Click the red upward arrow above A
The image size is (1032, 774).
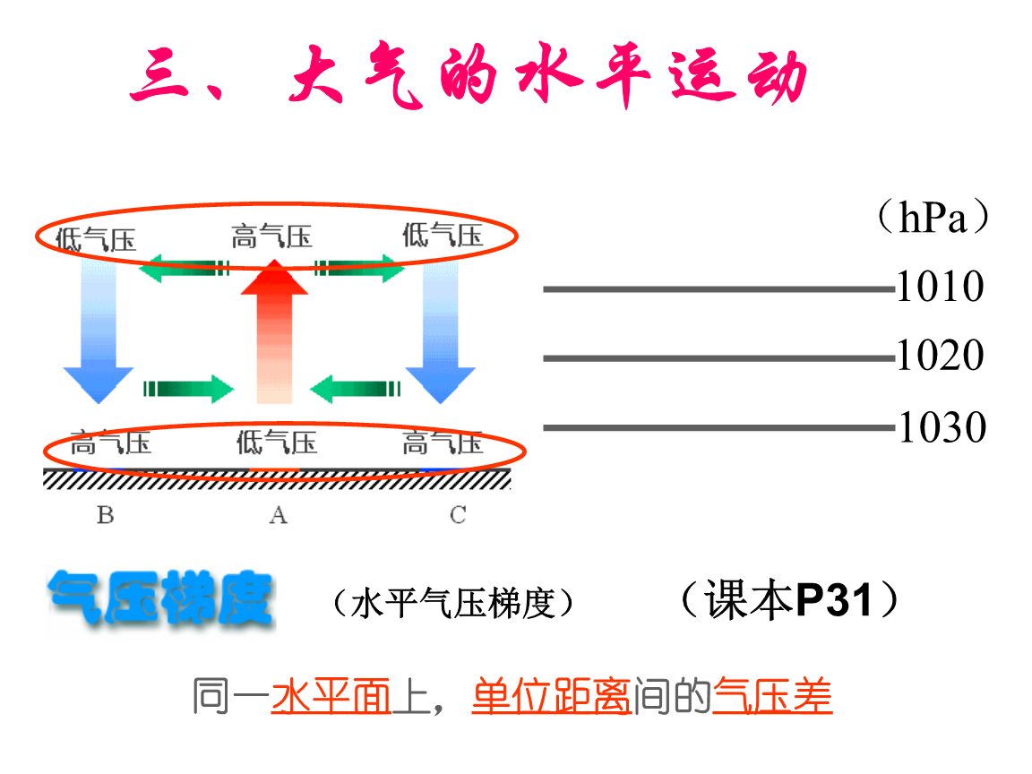pos(274,331)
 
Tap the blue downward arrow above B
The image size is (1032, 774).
pos(99,331)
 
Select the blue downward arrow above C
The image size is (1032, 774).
pos(440,331)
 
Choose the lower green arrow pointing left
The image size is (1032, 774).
pos(355,389)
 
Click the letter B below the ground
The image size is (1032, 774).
pos(105,515)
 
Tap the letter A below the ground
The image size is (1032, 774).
pos(279,515)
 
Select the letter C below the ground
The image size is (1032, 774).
pos(458,515)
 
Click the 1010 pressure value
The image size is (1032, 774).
pos(940,288)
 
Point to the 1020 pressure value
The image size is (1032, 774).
pos(940,357)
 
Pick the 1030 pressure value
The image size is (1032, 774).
pos(942,427)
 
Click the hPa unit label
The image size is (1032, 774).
pos(932,219)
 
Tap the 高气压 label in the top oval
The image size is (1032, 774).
pos(271,237)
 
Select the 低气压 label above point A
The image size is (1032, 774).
pos(277,443)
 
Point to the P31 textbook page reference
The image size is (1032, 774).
pos(834,600)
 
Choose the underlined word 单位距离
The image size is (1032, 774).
pos(552,697)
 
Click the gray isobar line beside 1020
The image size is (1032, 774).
pos(717,358)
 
